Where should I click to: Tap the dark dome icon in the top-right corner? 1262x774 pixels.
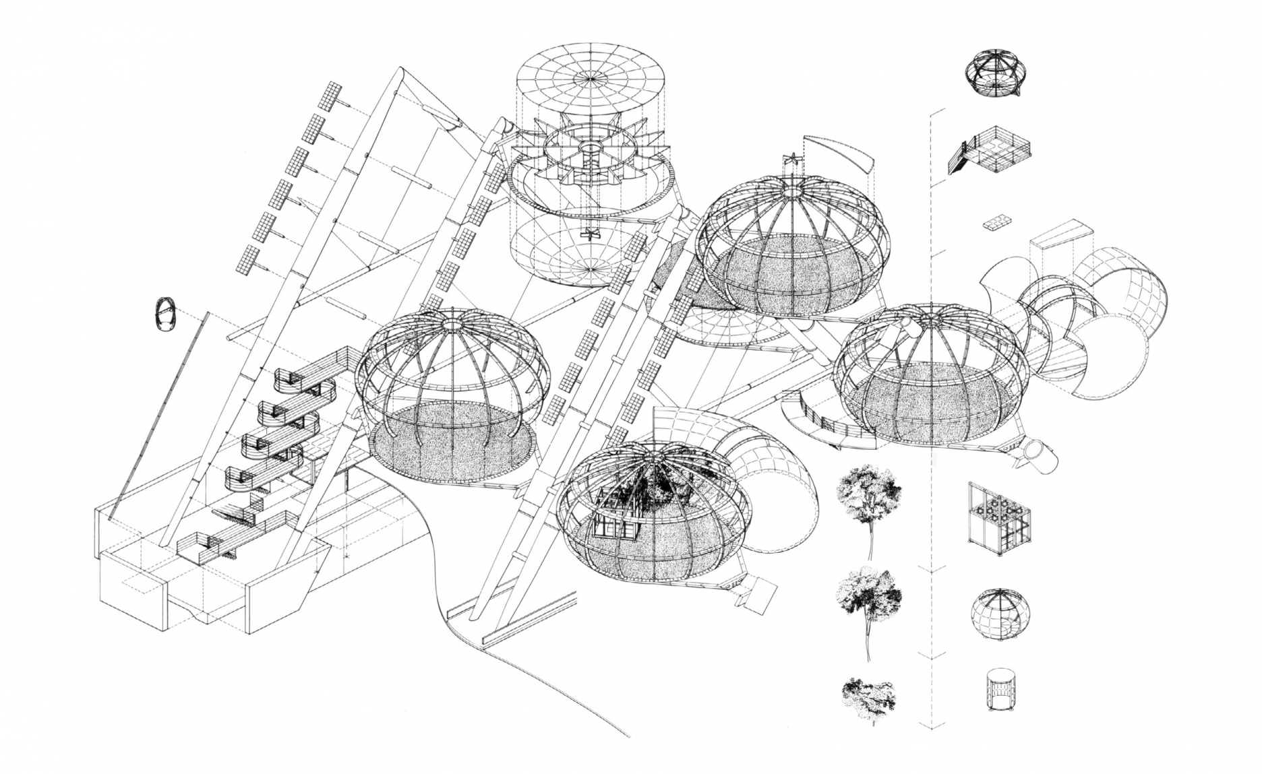coord(995,73)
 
